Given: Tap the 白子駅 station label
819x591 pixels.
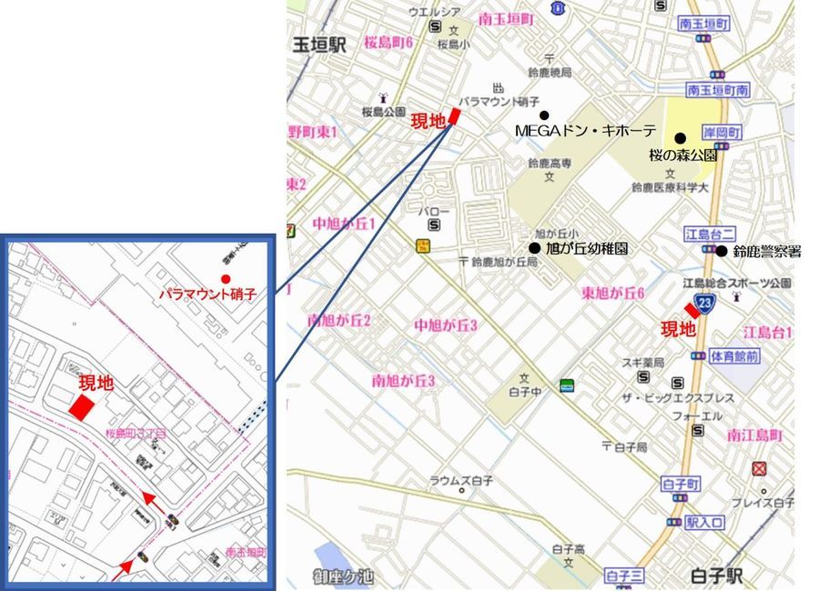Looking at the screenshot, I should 717,576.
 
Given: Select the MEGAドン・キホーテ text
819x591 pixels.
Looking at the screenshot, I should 585,131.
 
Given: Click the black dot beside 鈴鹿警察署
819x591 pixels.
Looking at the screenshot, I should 721,251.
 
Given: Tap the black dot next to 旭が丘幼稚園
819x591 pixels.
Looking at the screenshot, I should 535,247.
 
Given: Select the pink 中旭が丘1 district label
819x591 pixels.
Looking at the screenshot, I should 344,223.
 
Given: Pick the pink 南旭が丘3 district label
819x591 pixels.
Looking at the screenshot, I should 403,380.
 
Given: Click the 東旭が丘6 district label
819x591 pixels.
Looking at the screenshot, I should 613,292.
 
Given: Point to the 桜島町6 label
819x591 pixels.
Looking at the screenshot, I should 389,43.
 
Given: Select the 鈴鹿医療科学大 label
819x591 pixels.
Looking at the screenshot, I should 670,187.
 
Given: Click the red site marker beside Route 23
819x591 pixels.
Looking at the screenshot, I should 692,310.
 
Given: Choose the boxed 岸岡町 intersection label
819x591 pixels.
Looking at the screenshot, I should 723,132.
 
